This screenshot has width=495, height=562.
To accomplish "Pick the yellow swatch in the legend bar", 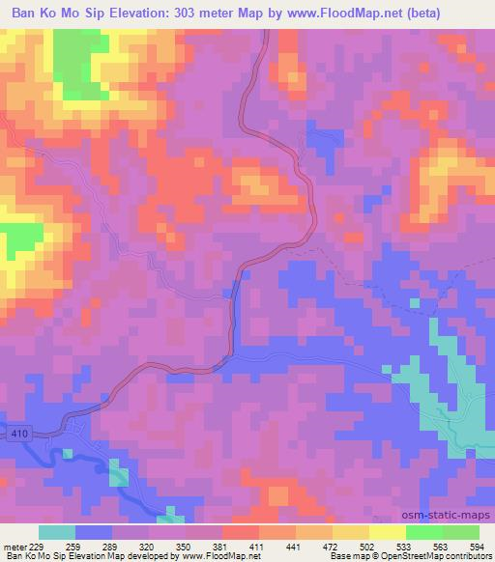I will (x=387, y=532).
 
